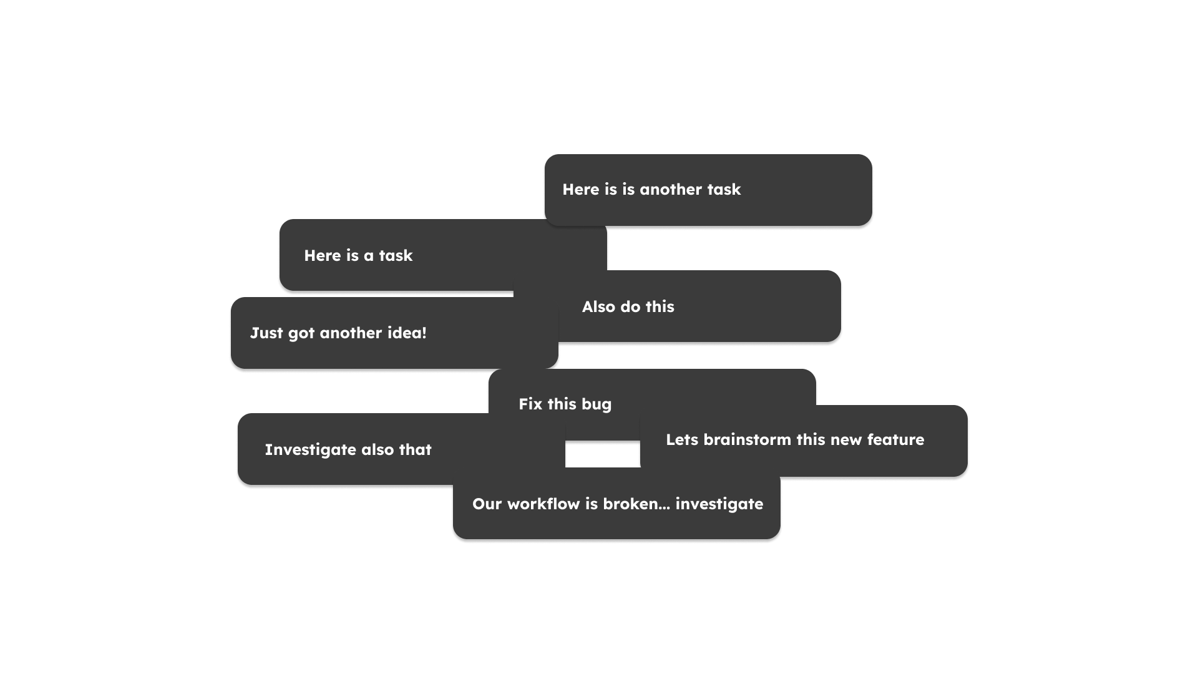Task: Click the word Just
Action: tap(266, 333)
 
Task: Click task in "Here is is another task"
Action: tap(724, 189)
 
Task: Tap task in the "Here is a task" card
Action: tap(396, 255)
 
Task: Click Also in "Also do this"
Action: tap(598, 306)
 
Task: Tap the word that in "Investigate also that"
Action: tap(415, 449)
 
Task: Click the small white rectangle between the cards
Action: tap(603, 454)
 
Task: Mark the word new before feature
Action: tap(846, 440)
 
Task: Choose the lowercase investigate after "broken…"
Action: tap(719, 504)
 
